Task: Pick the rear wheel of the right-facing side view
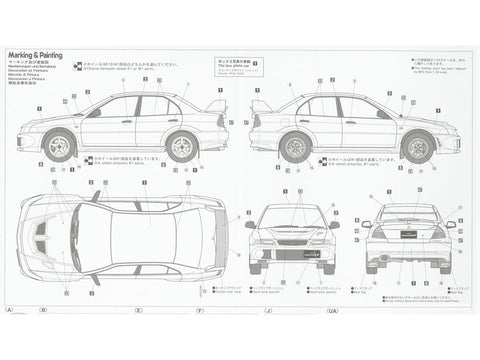tap(297, 148)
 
